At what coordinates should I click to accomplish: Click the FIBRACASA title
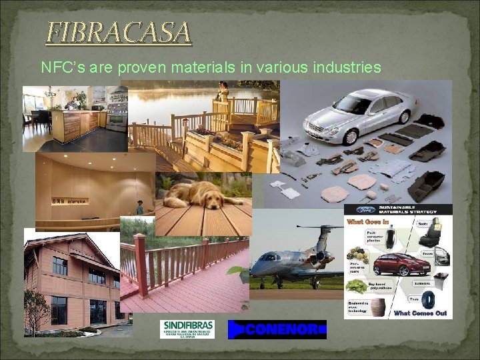click(x=118, y=32)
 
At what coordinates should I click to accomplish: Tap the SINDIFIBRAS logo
click(x=187, y=328)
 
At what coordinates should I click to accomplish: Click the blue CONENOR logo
click(x=277, y=329)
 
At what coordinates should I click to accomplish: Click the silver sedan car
click(x=354, y=113)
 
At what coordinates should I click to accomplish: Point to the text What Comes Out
click(x=420, y=313)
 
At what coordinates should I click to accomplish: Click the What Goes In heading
click(x=364, y=221)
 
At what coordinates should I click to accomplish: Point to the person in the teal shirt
click(x=140, y=207)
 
